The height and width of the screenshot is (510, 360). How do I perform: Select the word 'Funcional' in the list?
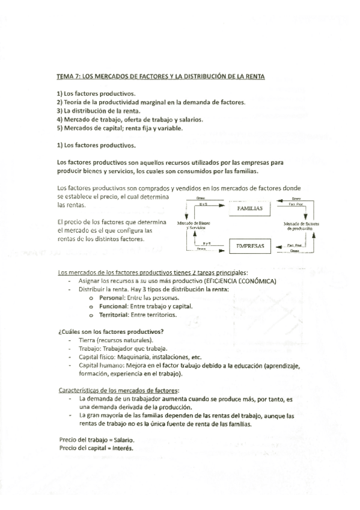[114, 306]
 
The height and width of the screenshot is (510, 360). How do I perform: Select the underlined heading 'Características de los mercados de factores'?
[119, 390]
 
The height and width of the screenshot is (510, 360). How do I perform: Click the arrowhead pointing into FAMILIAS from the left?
[227, 207]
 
